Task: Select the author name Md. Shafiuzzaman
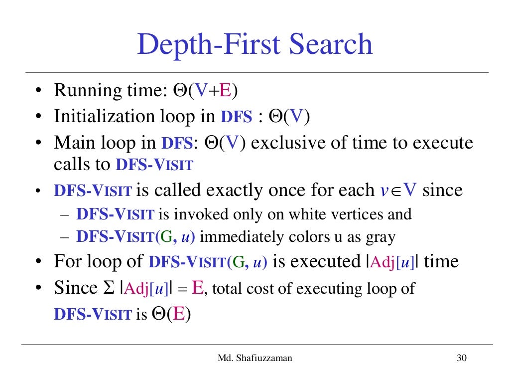[x=255, y=358]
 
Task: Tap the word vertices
[x=360, y=214]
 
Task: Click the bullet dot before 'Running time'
[x=39, y=92]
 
